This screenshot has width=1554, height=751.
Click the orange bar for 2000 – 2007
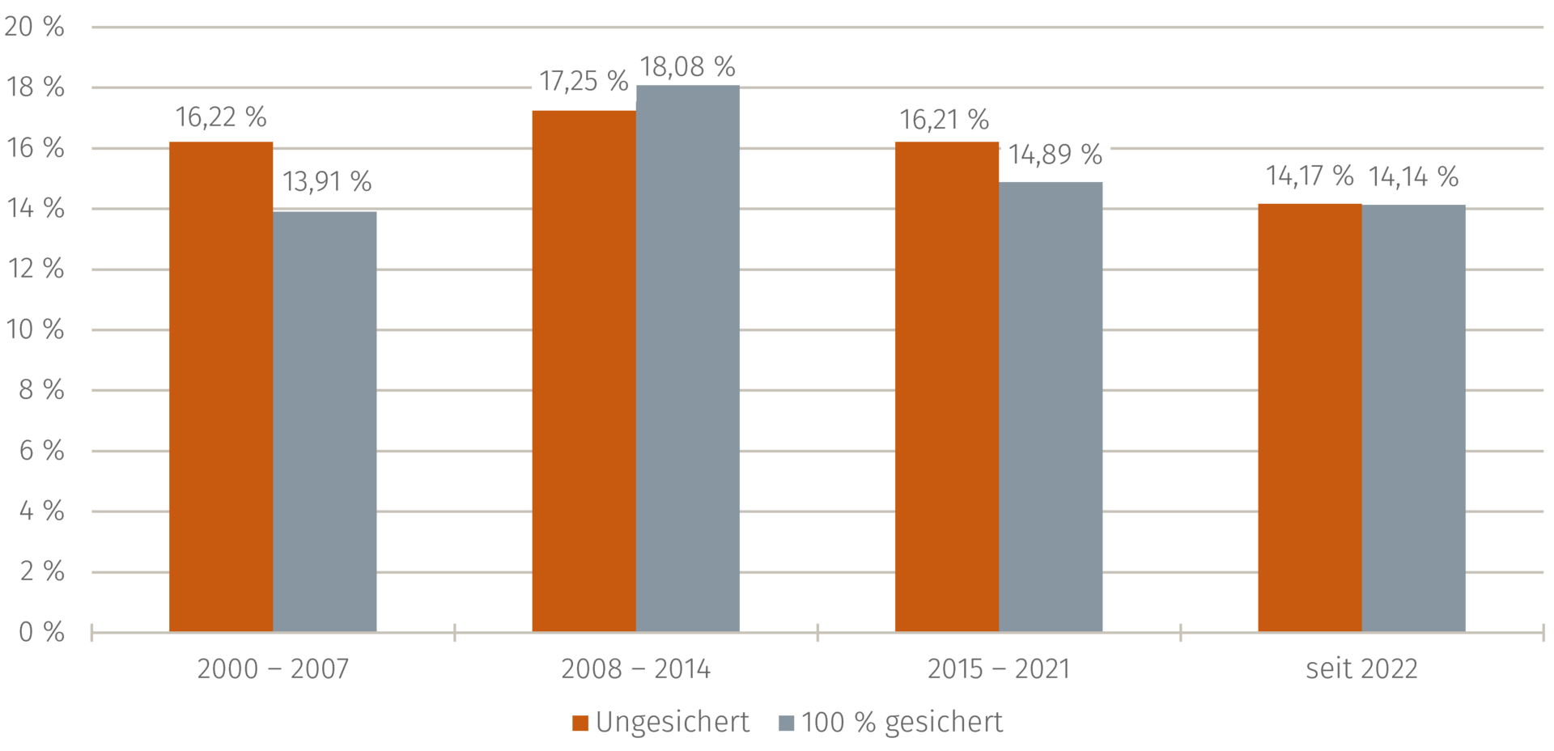coord(221,387)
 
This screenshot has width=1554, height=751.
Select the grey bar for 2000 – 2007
coord(325,422)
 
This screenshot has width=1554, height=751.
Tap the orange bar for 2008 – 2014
coord(584,371)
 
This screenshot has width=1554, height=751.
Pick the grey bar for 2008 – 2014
coord(688,359)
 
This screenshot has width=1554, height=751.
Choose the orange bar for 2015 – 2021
coord(947,387)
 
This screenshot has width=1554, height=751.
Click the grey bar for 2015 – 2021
coord(1051,407)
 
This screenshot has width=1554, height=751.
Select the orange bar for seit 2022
coord(1310,418)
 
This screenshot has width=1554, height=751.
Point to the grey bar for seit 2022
coord(1414,418)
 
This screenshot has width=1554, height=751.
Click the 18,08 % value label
coord(687,66)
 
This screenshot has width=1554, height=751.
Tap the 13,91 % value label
coord(327,181)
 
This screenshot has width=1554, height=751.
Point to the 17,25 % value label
coord(584,81)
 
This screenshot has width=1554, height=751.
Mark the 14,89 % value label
coord(1055,154)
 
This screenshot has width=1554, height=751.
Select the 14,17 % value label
coord(1310,176)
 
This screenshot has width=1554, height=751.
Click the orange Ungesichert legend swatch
coord(580,723)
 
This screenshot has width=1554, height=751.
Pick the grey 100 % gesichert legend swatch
coord(786,723)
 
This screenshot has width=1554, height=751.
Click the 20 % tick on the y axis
coord(34,27)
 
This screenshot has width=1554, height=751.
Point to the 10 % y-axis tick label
coord(35,329)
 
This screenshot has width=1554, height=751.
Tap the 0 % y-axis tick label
coord(41,632)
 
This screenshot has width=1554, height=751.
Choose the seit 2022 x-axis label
coord(1361,669)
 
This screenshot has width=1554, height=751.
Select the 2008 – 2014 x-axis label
coord(635,669)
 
